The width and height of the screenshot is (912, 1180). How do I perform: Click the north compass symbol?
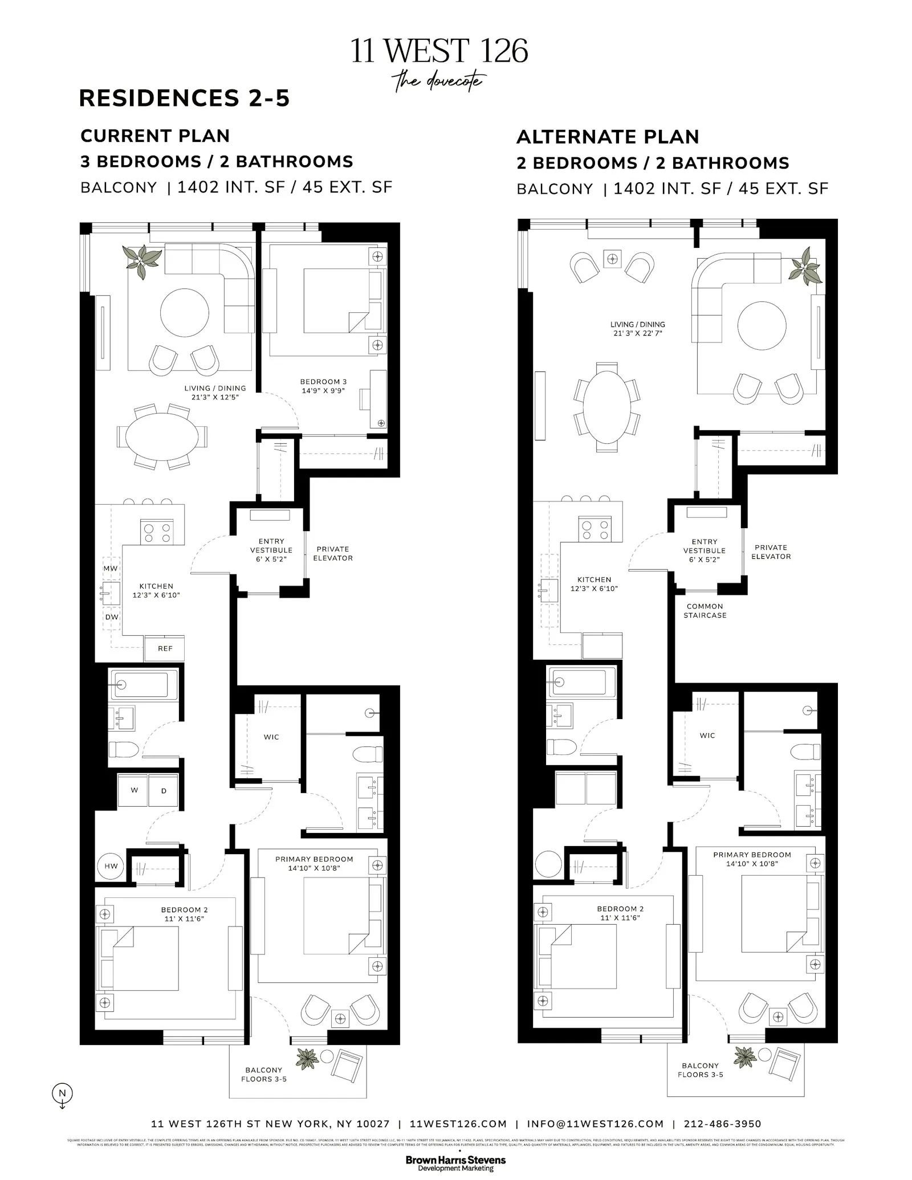tap(63, 1093)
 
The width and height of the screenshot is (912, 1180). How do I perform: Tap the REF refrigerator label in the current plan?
tap(165, 648)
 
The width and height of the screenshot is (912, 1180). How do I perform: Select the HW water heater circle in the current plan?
tap(111, 866)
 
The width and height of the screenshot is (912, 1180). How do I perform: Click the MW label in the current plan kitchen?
tap(111, 569)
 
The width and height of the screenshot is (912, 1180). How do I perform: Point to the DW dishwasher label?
tap(112, 617)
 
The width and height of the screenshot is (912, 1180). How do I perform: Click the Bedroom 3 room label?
tap(323, 386)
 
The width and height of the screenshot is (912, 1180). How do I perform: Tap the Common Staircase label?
tap(705, 611)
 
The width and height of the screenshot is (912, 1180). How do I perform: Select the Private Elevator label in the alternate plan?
tap(771, 552)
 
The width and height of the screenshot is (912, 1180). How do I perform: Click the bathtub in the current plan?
tap(141, 684)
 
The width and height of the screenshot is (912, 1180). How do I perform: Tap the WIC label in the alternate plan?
tap(707, 736)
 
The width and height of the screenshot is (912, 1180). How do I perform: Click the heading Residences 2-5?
tap(184, 98)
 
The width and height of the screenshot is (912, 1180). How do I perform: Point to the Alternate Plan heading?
tap(607, 137)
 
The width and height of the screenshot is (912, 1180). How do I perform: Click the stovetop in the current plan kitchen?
tap(157, 532)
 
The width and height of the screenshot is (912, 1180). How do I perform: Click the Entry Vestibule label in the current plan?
tap(271, 550)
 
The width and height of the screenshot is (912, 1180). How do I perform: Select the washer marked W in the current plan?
tap(134, 790)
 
